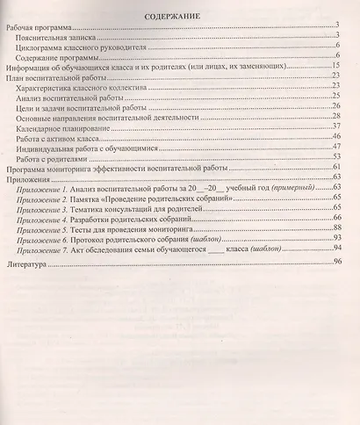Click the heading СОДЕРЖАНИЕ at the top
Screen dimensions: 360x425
[180, 16]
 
